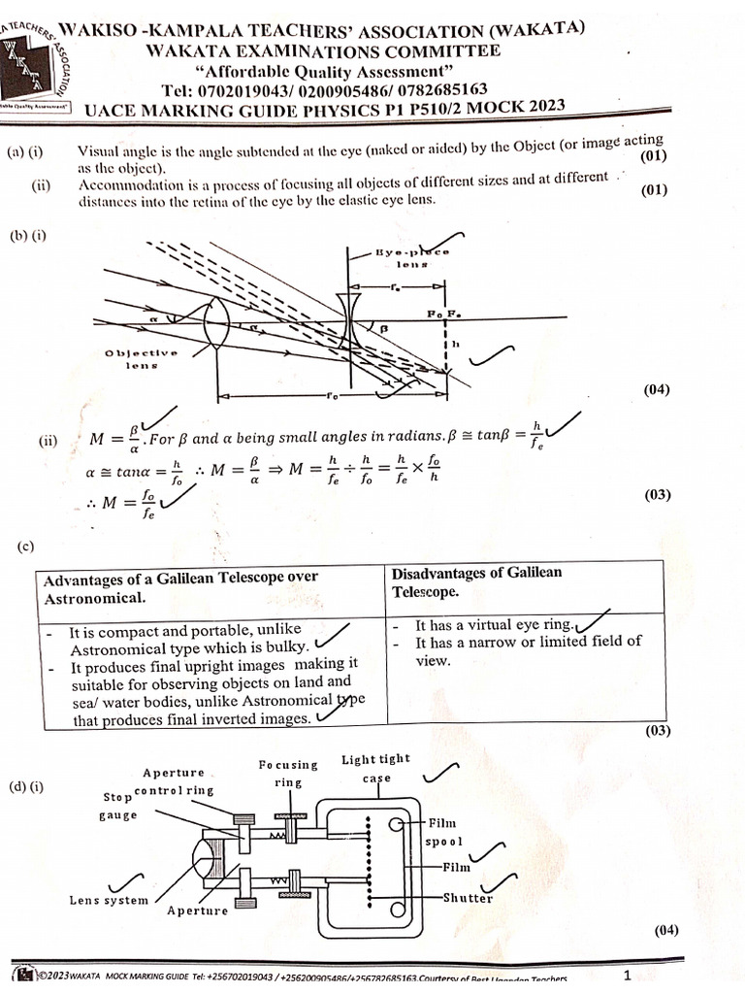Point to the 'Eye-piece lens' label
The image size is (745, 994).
(x=411, y=258)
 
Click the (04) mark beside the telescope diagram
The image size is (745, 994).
(x=658, y=390)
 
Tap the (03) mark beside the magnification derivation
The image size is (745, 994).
(x=658, y=495)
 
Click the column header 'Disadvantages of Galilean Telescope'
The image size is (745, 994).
(x=476, y=581)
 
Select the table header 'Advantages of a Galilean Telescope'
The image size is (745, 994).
(x=180, y=587)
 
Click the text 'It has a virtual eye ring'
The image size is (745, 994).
(x=495, y=626)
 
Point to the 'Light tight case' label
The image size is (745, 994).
(x=375, y=768)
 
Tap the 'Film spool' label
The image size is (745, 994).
(x=446, y=832)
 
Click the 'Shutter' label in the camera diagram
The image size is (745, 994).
(x=468, y=898)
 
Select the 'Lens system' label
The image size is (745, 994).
(x=109, y=900)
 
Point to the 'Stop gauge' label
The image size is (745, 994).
(x=119, y=806)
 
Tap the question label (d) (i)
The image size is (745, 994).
(x=32, y=784)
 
